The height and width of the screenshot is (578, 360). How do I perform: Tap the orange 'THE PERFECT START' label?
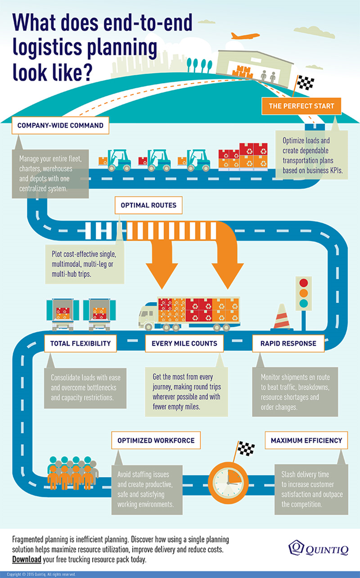point(301,106)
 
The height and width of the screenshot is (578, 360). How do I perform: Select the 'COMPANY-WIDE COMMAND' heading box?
point(61,125)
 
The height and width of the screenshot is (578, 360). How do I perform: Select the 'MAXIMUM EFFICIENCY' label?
point(306,440)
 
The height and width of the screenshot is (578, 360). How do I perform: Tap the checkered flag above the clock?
point(245,448)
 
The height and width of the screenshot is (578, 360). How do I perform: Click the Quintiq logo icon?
point(296,547)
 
